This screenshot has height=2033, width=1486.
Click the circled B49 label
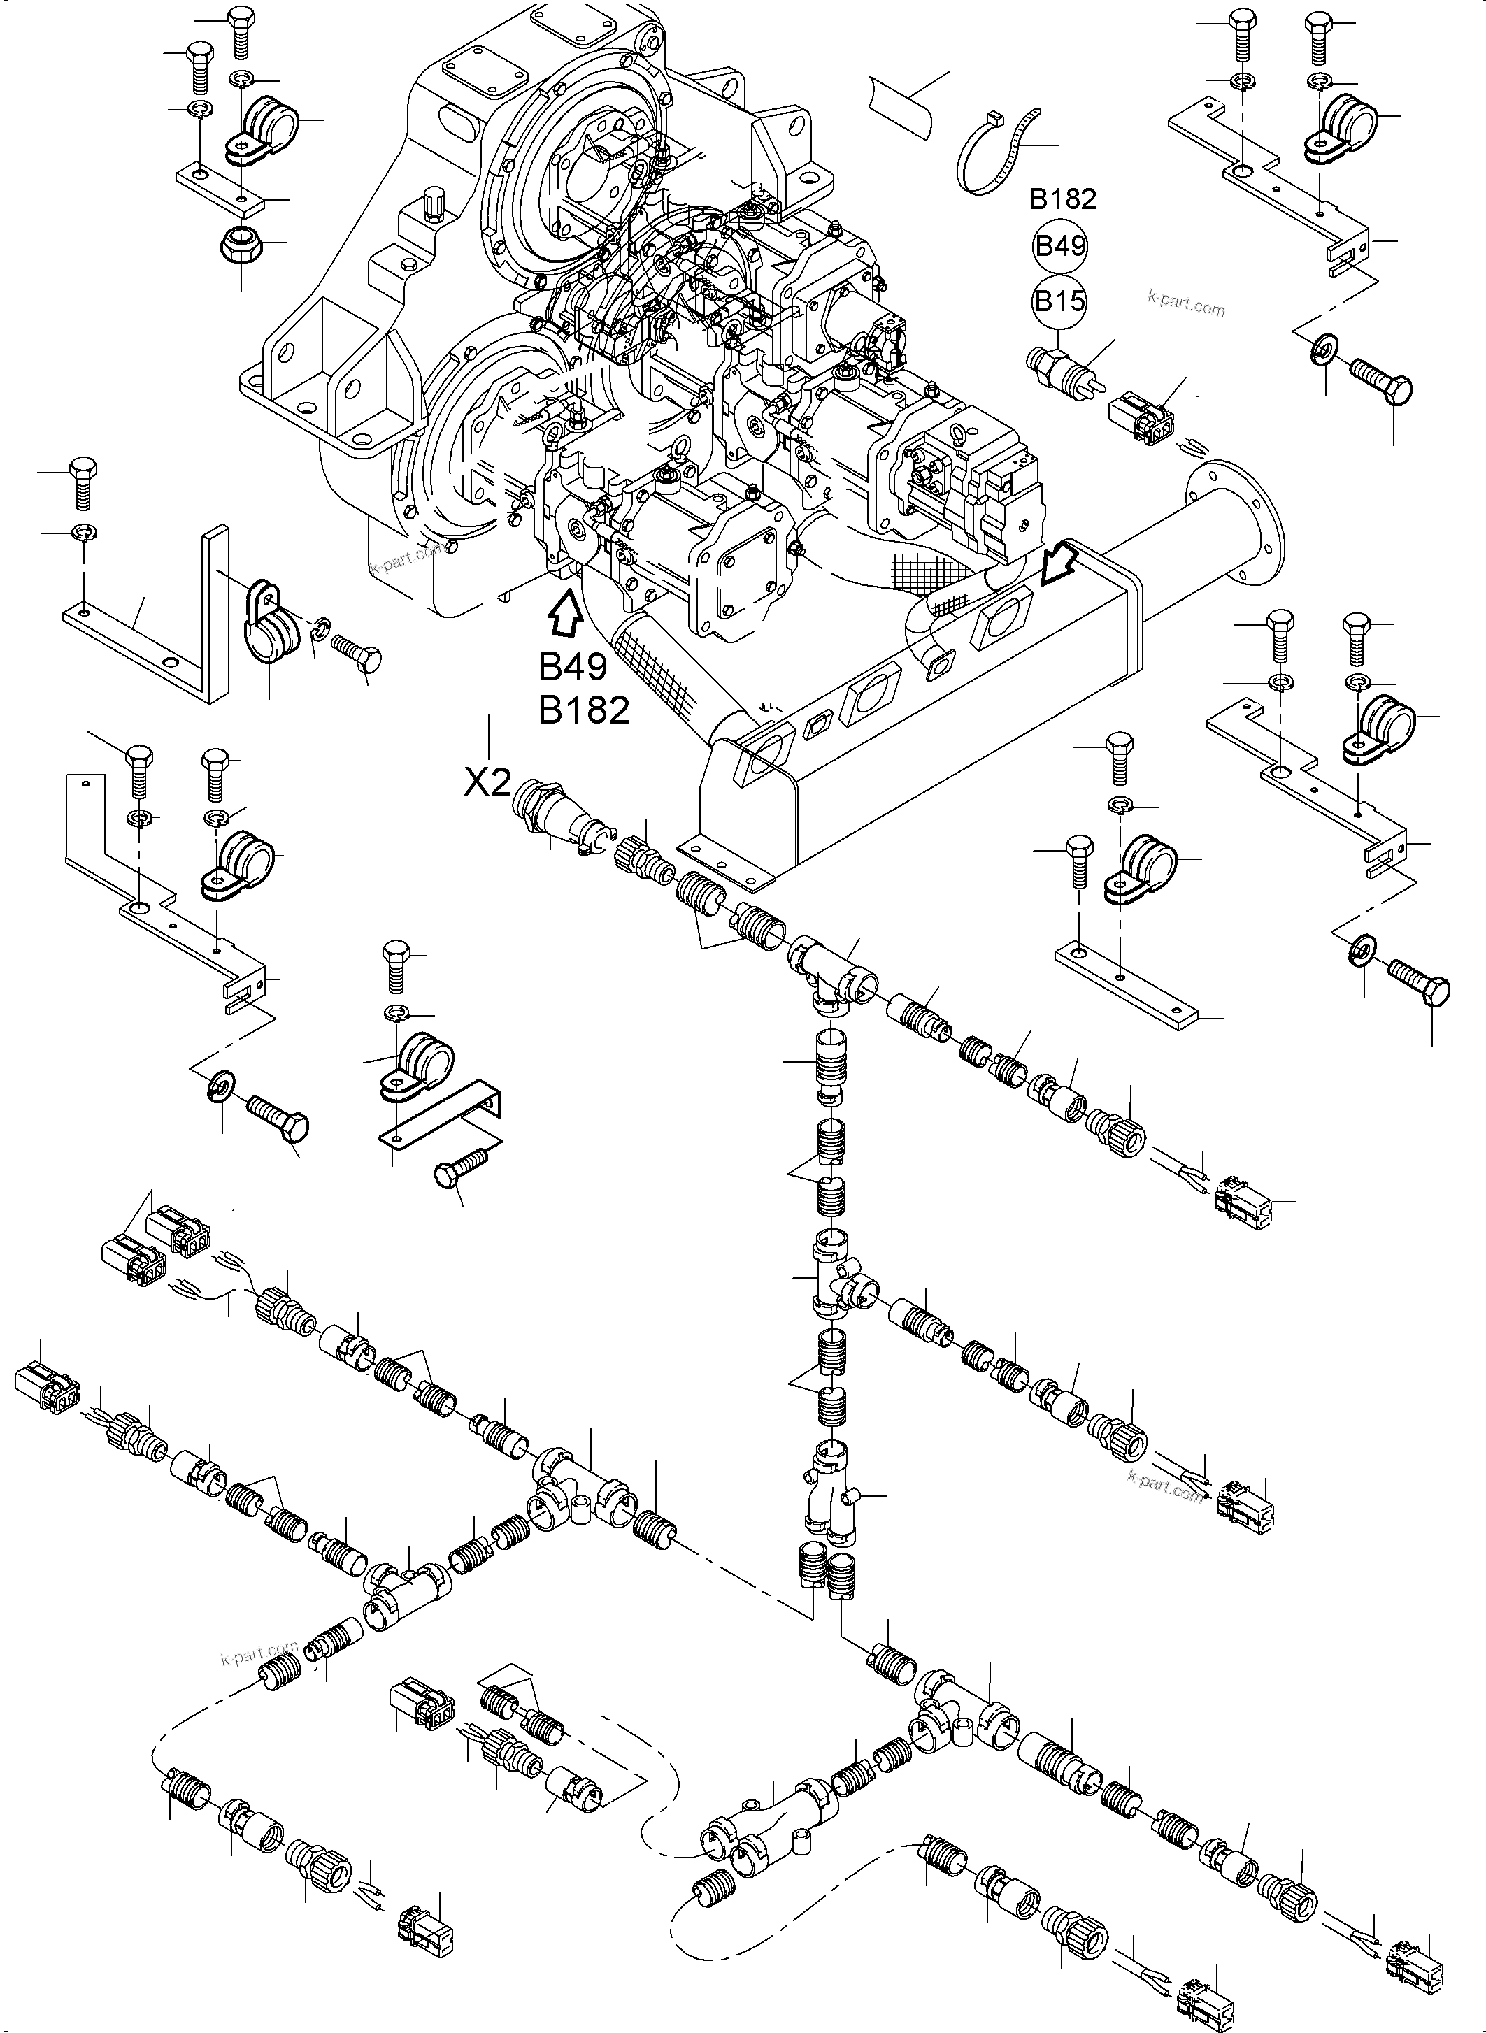1061,245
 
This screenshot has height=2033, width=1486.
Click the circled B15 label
1061,301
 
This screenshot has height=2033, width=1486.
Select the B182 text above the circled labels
1062,199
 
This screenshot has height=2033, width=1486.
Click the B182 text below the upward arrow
584,711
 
